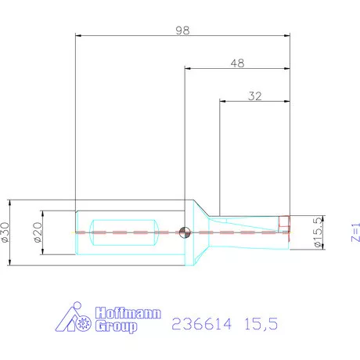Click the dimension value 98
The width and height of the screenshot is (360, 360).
coord(183,30)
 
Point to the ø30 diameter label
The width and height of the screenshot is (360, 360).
coord(7,232)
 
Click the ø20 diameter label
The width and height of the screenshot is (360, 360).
coord(38,232)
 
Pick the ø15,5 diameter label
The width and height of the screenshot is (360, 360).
coord(319,232)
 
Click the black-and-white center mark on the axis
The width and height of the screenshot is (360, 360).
coord(184,232)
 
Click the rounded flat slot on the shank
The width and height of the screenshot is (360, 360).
coord(125,232)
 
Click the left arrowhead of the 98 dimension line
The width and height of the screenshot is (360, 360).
coord(77,36)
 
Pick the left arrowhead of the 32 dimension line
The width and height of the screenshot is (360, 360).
coord(222,100)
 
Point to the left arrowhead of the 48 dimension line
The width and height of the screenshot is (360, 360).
coord(187,68)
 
